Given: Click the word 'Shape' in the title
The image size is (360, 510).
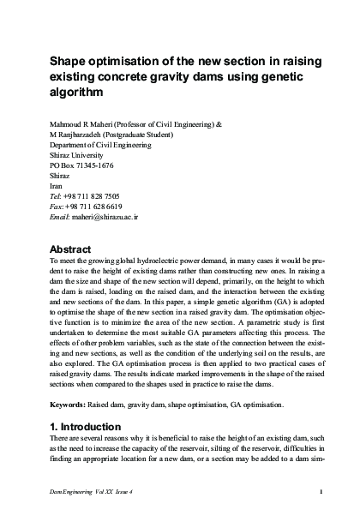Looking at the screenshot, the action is [x=67, y=62].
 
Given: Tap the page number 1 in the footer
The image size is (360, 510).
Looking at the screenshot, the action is [x=321, y=490].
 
